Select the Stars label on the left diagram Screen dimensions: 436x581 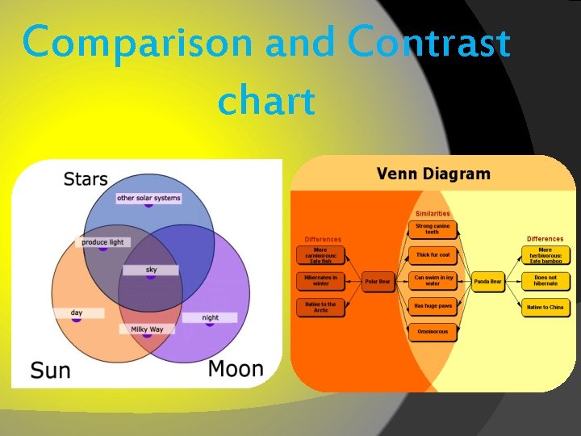(x=85, y=178)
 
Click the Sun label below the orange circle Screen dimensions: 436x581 (x=50, y=371)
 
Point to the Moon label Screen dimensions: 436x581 (x=236, y=369)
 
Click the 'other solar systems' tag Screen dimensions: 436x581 (x=148, y=198)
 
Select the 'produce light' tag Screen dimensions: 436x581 (x=103, y=242)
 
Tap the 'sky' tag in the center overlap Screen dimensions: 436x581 (x=151, y=270)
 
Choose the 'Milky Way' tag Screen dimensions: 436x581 (x=147, y=329)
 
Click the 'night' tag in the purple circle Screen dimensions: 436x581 (x=211, y=317)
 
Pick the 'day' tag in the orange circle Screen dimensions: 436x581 (x=77, y=312)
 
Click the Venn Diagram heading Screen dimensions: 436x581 (x=433, y=174)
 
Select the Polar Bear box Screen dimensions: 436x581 (x=377, y=282)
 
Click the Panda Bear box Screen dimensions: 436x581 (x=487, y=282)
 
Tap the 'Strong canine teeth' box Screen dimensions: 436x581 (x=433, y=228)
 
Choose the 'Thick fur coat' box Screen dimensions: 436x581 (x=433, y=254)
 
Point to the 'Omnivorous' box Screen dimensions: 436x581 (x=433, y=332)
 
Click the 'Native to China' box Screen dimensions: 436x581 (x=545, y=307)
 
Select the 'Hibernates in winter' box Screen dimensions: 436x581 (x=320, y=280)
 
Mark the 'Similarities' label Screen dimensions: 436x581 (x=433, y=213)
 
